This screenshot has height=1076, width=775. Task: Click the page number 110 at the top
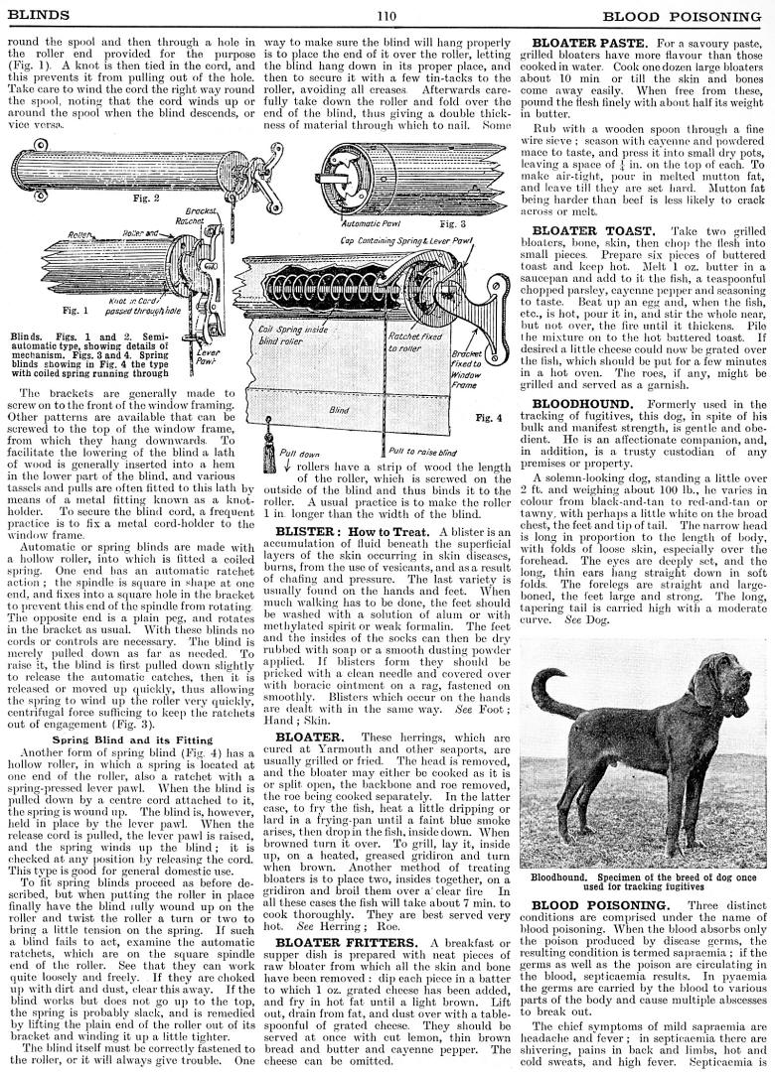tap(387, 15)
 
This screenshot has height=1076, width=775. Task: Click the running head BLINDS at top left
tap(37, 15)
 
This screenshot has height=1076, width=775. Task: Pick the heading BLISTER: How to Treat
tap(352, 532)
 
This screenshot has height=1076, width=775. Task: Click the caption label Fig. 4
tap(489, 418)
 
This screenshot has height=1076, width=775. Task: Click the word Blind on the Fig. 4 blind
tap(340, 409)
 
